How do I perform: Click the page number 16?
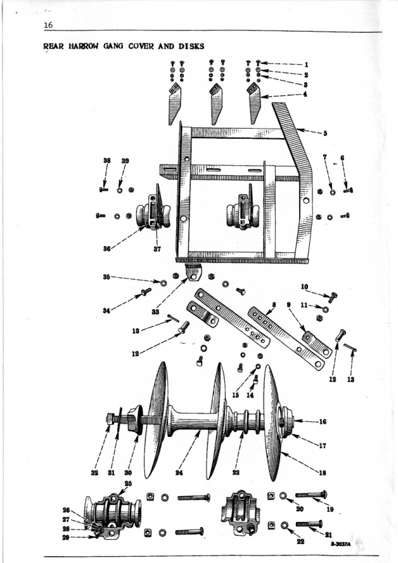tap(48, 25)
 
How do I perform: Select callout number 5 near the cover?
tap(325, 133)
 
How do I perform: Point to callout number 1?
tap(305, 64)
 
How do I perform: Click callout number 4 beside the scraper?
tap(305, 95)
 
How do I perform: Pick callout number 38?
tap(106, 161)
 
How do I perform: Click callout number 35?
tap(106, 276)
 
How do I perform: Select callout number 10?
tap(304, 286)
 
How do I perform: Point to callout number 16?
tap(322, 421)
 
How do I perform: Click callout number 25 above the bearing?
tap(128, 483)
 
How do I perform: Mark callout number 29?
tap(65, 537)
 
